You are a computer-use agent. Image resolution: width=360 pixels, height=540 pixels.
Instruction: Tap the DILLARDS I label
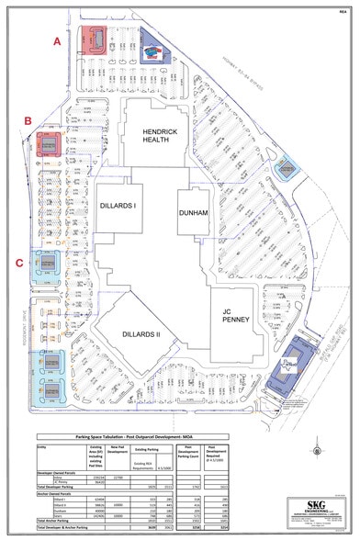click(x=118, y=206)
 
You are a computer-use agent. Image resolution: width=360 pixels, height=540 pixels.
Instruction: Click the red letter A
click(x=57, y=41)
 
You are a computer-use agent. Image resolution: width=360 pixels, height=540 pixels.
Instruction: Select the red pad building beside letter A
click(x=93, y=40)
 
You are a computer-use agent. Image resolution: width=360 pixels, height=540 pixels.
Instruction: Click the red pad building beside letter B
click(x=49, y=144)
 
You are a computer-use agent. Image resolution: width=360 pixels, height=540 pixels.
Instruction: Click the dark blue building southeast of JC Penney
click(x=291, y=361)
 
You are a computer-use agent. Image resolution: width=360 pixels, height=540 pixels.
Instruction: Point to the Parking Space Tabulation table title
click(x=129, y=416)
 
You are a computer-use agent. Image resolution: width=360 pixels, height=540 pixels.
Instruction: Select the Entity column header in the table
click(x=42, y=425)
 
